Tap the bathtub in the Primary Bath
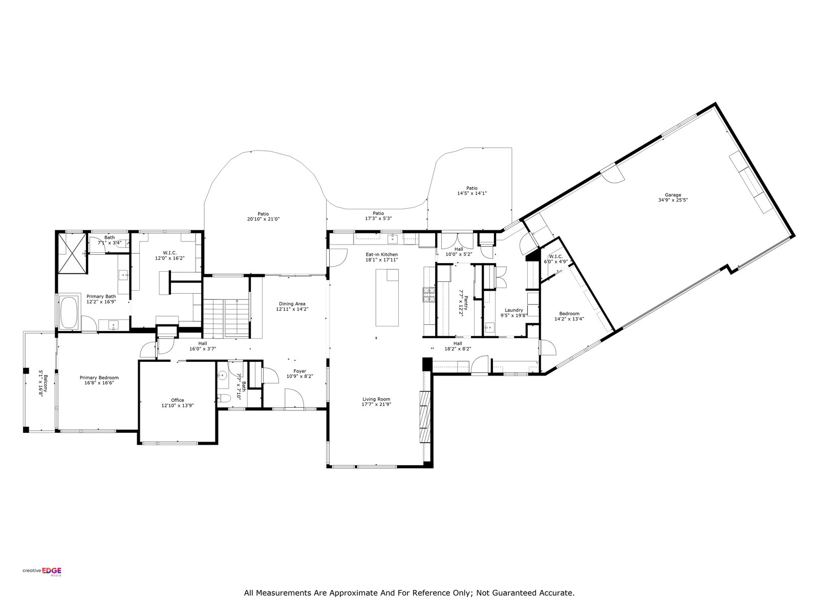click(69, 313)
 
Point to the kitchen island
click(387, 297)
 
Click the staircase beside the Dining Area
click(226, 318)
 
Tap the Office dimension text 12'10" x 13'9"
click(178, 405)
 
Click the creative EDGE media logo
click(42, 572)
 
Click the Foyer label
click(299, 371)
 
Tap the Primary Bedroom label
click(99, 378)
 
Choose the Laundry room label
click(514, 310)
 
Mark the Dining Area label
click(292, 304)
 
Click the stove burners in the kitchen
click(429, 295)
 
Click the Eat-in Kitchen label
click(382, 254)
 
